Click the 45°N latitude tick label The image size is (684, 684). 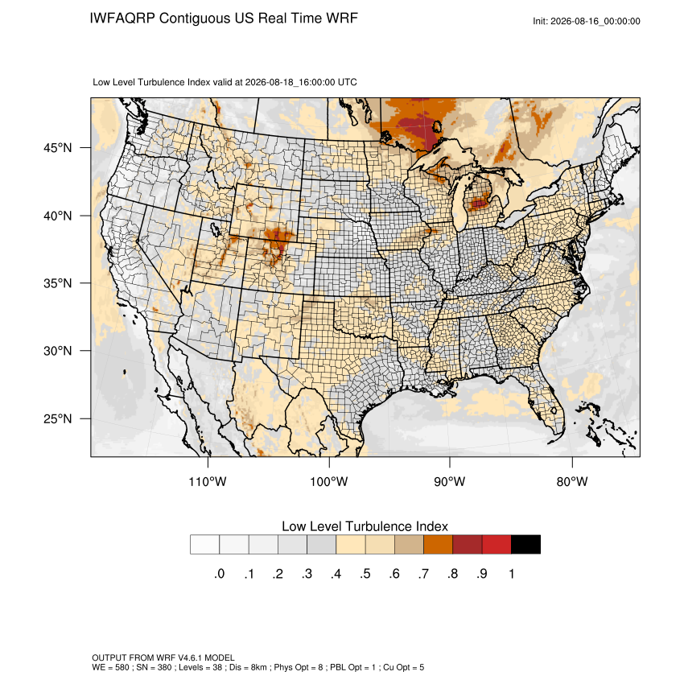coord(58,148)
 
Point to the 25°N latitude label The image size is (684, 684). coord(58,418)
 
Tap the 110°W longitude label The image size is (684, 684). coord(208,481)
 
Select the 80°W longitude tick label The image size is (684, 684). coord(572,481)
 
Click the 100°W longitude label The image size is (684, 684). coord(329,481)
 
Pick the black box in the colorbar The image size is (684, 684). coord(525,545)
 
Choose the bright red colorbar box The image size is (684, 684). coord(497,545)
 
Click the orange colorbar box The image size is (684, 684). coord(438,545)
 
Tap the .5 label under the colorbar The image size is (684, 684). coord(365,574)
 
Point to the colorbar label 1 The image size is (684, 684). coord(512,574)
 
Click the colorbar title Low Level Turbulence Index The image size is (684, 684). coord(365,526)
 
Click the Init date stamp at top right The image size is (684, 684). coord(587,22)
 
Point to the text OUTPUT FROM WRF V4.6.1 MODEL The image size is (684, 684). coord(163,657)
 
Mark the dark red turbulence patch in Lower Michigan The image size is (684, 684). coord(480,203)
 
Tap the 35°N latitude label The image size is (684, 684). coord(58,283)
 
